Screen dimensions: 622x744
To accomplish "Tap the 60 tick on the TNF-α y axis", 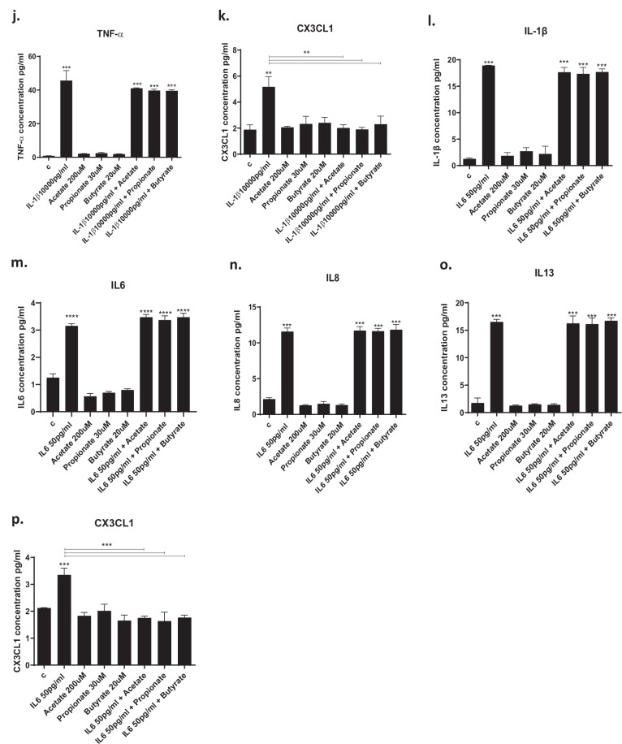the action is (x=31, y=57).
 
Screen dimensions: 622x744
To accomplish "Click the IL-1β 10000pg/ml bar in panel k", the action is (x=269, y=120).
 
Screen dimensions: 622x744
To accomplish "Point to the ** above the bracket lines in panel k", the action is (x=306, y=53).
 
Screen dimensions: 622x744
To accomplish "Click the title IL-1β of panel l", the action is (x=536, y=32).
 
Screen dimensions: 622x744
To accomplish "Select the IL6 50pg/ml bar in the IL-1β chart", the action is (x=488, y=116).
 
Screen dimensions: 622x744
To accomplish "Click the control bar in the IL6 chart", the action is (x=53, y=395).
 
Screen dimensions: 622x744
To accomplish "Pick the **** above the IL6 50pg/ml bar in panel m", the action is (x=71, y=317).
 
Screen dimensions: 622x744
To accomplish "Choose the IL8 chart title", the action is (x=333, y=278).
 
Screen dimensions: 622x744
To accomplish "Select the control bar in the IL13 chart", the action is (x=477, y=408).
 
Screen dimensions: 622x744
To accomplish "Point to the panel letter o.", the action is (x=446, y=266).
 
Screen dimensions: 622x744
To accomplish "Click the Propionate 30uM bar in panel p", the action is (x=104, y=638).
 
